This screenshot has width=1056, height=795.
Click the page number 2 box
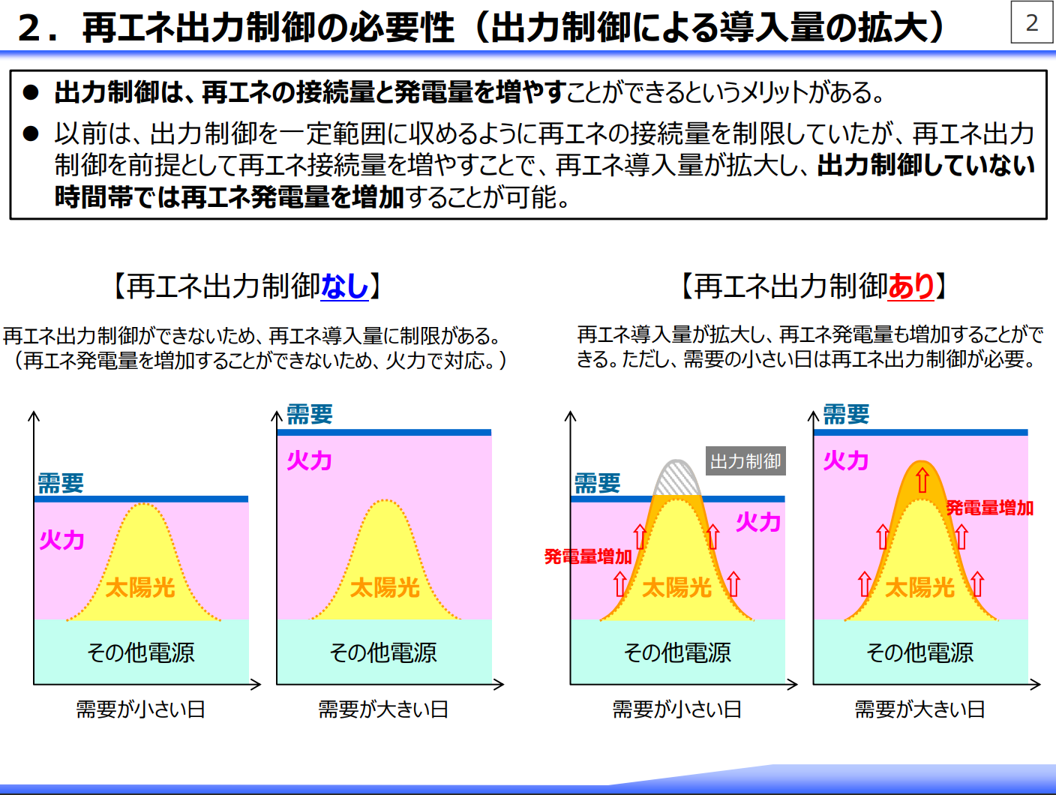(x=1031, y=22)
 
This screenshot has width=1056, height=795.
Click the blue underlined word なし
(x=344, y=287)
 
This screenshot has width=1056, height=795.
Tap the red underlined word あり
(x=910, y=287)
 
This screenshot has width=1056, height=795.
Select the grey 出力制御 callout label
(x=745, y=461)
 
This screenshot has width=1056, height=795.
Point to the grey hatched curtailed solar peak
(x=676, y=478)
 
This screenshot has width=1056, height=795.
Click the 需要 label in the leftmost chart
(x=61, y=483)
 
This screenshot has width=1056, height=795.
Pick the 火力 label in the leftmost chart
(x=62, y=540)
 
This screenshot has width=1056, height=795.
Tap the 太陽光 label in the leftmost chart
(x=140, y=588)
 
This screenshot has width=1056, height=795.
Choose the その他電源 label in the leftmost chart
(x=140, y=652)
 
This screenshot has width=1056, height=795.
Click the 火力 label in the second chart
(x=309, y=460)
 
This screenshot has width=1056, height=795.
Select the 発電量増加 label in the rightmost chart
(x=990, y=508)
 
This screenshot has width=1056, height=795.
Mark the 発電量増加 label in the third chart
(x=588, y=556)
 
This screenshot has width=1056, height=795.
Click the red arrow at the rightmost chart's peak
(x=922, y=479)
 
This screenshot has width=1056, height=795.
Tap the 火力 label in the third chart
(x=758, y=522)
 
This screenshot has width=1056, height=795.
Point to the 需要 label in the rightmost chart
(x=846, y=415)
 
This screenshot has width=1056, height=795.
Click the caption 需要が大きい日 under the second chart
(x=383, y=709)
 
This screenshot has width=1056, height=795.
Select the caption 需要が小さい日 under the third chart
(x=677, y=709)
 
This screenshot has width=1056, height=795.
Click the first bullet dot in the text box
(x=31, y=93)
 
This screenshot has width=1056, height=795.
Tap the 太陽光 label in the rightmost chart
(x=919, y=588)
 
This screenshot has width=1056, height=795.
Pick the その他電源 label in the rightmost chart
(x=919, y=652)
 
